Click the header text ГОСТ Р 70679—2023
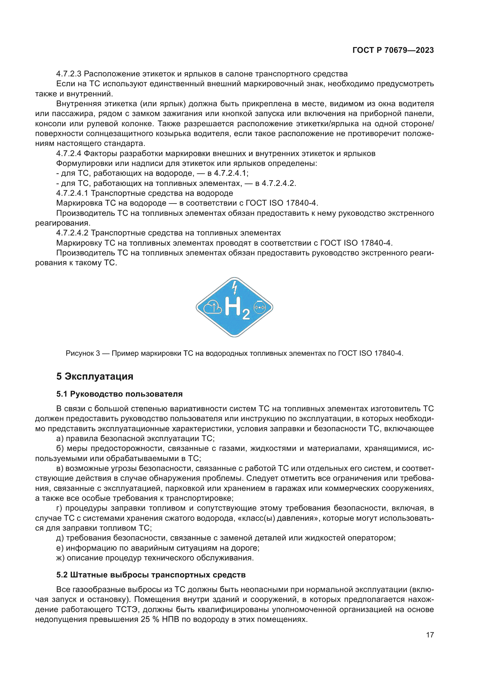coord(393,50)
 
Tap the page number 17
coord(430,635)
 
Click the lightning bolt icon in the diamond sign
coord(234,287)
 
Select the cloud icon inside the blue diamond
coord(213,308)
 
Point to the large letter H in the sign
coord(233,306)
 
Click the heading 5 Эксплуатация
coord(95,376)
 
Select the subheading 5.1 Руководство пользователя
coord(119,394)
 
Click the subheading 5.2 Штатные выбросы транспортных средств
coord(151,575)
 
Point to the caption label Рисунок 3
coord(83,353)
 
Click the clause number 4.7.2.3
coord(69,74)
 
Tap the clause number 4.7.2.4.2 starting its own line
coord(72,233)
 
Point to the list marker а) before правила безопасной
coord(60,438)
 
